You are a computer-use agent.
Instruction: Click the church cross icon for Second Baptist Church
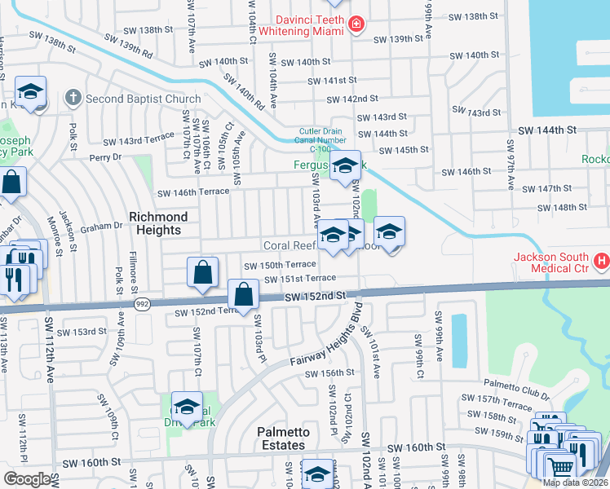[x=73, y=99]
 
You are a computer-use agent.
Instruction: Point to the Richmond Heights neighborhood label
[x=158, y=223]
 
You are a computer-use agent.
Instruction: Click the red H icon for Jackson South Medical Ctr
[x=602, y=261]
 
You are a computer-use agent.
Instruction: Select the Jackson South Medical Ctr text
[x=551, y=262]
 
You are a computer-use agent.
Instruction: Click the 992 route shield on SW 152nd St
[x=141, y=302]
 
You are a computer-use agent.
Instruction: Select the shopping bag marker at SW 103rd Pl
[x=243, y=296]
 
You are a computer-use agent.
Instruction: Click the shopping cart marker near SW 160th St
[x=559, y=468]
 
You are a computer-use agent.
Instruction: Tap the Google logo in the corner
[x=27, y=479]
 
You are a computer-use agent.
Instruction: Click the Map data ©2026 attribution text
[x=574, y=482]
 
